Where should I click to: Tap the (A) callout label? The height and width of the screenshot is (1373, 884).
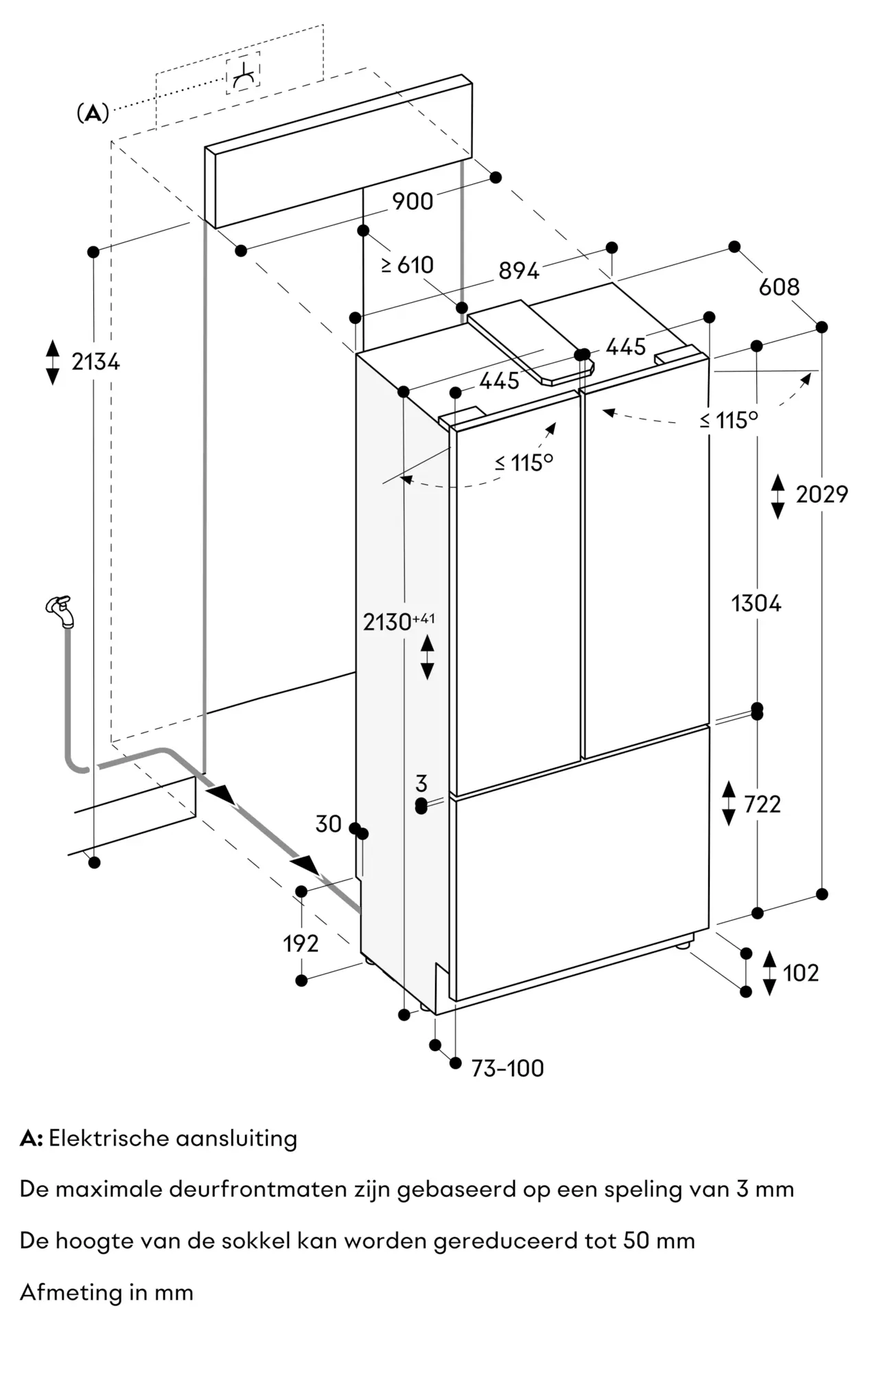click(93, 113)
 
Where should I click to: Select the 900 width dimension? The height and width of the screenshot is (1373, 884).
click(412, 201)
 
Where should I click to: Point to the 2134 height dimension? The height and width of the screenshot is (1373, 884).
click(95, 361)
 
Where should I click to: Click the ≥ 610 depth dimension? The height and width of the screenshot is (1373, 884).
click(408, 264)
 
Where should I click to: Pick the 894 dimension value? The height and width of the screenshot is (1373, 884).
click(519, 271)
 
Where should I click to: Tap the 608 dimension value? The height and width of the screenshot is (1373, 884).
click(779, 286)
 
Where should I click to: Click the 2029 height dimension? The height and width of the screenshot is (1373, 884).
click(822, 494)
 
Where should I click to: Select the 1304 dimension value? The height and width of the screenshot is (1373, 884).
click(756, 603)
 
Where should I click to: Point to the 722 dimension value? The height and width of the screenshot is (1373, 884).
click(762, 803)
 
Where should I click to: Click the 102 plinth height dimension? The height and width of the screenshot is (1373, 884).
click(800, 973)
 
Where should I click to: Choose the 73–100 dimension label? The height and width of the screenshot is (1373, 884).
click(507, 1068)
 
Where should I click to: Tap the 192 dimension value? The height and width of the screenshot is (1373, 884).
click(301, 944)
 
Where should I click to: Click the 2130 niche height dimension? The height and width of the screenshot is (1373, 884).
click(399, 621)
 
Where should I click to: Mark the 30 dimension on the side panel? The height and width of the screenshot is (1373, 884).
click(328, 823)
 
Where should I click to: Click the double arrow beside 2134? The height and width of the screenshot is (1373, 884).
click(53, 362)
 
